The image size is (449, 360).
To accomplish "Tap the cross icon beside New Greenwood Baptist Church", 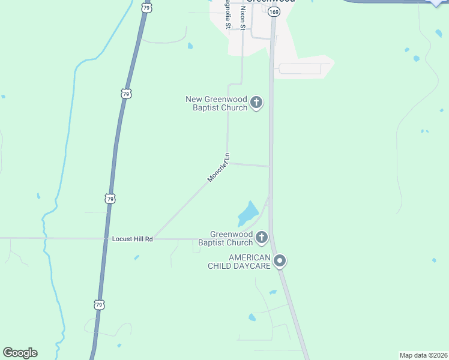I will pos(256,103).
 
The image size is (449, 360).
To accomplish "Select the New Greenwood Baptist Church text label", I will pos(217,103).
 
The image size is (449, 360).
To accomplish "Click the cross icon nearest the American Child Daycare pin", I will pos(261,238).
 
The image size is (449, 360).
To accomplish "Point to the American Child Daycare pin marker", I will pos(280,261).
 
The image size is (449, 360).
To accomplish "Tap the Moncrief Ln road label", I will pos(218,167).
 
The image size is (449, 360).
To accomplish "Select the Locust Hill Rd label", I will pos(133,239).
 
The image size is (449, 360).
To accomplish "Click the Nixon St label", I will pos(243,16).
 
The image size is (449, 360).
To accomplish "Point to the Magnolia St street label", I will pos(228,17).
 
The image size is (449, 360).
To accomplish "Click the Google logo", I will pos(20,353).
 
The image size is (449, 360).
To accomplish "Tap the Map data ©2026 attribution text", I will pos(423,355).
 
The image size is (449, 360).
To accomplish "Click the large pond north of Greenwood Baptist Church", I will pos(248,212).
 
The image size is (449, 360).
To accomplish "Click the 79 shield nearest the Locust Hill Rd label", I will pos(109,199).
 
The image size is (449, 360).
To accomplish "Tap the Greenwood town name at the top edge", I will pos(272,2).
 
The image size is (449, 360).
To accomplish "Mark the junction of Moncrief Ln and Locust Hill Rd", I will pos(153,238).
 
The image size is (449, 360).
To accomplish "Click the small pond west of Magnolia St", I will pos(190,46).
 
